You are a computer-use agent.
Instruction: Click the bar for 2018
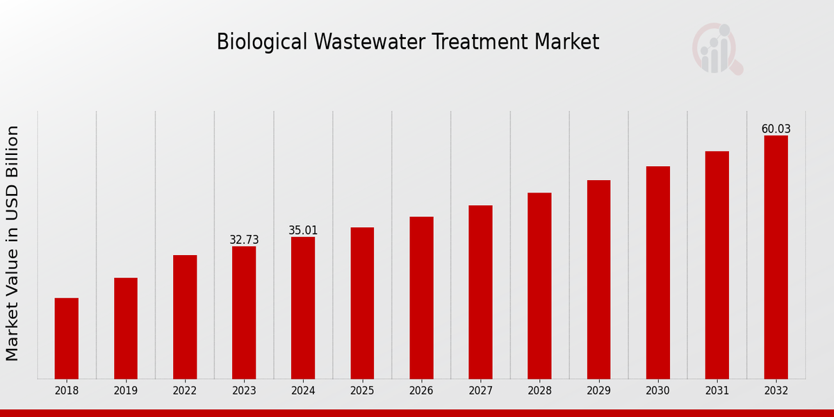[67, 338]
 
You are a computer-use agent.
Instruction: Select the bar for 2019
[126, 328]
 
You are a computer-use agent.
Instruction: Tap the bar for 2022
[185, 317]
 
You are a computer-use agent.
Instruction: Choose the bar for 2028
[539, 286]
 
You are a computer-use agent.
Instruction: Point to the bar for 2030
[657, 272]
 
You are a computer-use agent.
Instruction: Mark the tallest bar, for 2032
[776, 257]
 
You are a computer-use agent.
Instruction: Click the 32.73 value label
[244, 240]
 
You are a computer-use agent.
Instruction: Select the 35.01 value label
[303, 230]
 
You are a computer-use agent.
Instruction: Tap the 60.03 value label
[776, 129]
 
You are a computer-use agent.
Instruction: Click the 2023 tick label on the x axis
[244, 391]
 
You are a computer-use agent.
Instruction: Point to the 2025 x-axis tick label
[362, 391]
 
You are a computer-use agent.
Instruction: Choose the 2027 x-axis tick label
[480, 391]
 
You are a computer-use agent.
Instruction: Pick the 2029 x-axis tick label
[598, 391]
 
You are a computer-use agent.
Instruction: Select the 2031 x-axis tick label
[717, 391]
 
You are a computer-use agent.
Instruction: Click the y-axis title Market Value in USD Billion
[13, 243]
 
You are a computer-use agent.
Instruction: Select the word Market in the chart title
[566, 42]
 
